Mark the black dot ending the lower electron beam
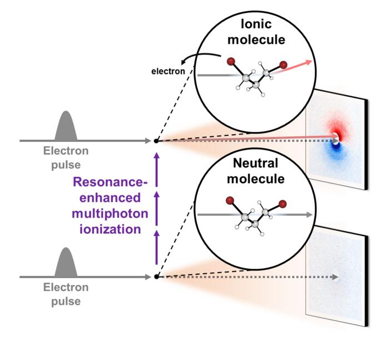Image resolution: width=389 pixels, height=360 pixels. click(157, 277)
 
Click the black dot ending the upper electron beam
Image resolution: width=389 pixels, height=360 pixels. click(156, 141)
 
